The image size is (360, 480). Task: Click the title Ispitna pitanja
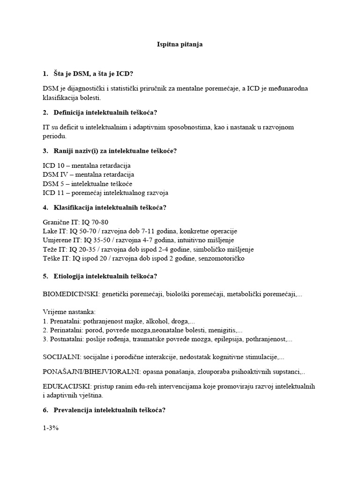pos(180,45)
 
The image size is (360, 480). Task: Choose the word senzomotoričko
pos(220,258)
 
